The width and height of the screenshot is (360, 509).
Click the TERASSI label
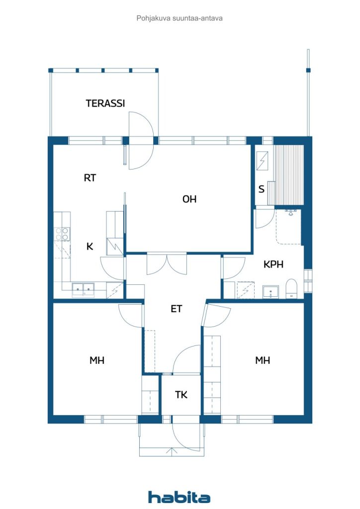coord(105,103)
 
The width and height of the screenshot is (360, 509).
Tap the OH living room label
coord(189,199)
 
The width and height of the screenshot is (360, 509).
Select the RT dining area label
coord(90,178)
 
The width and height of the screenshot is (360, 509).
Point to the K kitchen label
coord(90,247)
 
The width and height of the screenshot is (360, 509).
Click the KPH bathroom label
coord(273,264)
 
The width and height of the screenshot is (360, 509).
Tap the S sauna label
coord(262,189)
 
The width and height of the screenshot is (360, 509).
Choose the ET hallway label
coord(176,309)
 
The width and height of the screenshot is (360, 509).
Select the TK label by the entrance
coord(181,395)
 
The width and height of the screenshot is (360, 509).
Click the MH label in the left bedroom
coord(97,360)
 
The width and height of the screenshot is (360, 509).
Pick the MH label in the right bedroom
coord(262,360)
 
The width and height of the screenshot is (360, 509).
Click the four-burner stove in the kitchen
coord(62,234)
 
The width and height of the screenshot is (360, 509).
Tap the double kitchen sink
coord(83,289)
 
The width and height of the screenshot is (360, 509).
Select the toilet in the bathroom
coord(291,288)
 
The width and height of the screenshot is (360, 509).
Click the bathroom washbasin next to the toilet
coord(270,291)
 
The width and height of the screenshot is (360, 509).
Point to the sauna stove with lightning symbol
coord(262,161)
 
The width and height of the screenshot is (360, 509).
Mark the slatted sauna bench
coord(288,175)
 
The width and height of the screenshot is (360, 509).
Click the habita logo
coord(179,497)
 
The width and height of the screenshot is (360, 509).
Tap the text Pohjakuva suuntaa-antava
coord(180,18)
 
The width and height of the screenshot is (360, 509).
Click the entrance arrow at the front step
coord(172,451)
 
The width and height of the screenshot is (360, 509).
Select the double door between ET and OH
coord(167,263)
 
